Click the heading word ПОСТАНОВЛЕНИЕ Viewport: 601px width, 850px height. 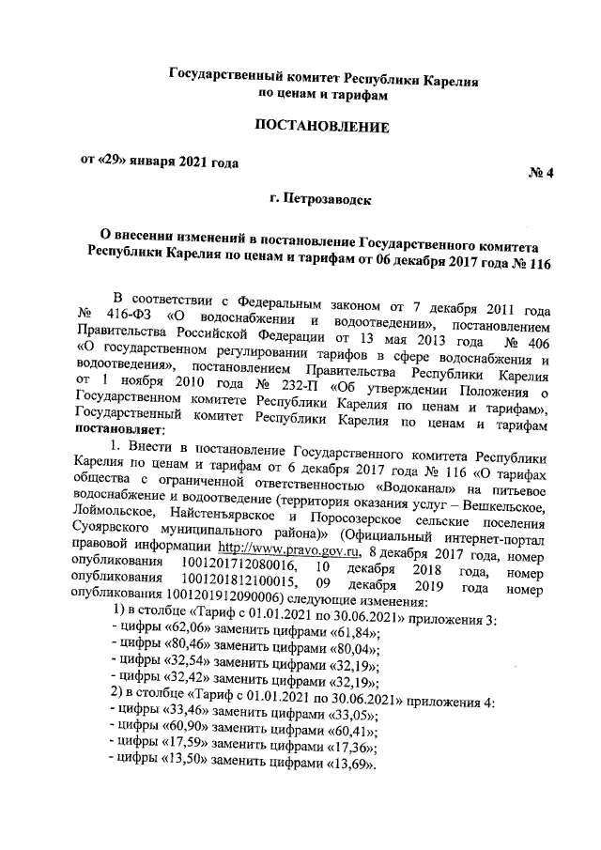click(322, 126)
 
